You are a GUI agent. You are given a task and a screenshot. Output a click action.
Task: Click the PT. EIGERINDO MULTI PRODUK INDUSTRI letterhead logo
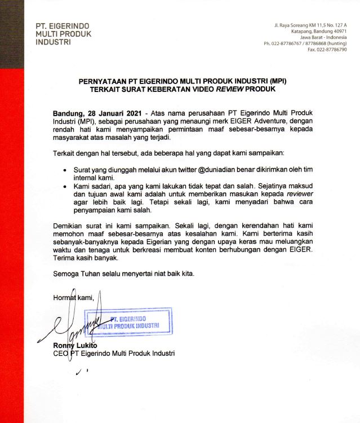point(63,34)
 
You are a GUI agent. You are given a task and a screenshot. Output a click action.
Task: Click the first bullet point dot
point(66,169)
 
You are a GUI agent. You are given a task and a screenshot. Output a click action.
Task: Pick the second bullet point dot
point(66,184)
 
